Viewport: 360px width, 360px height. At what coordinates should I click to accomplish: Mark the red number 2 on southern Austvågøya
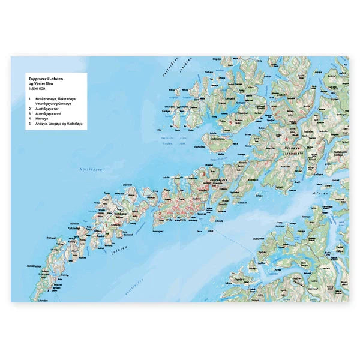[160, 213]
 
